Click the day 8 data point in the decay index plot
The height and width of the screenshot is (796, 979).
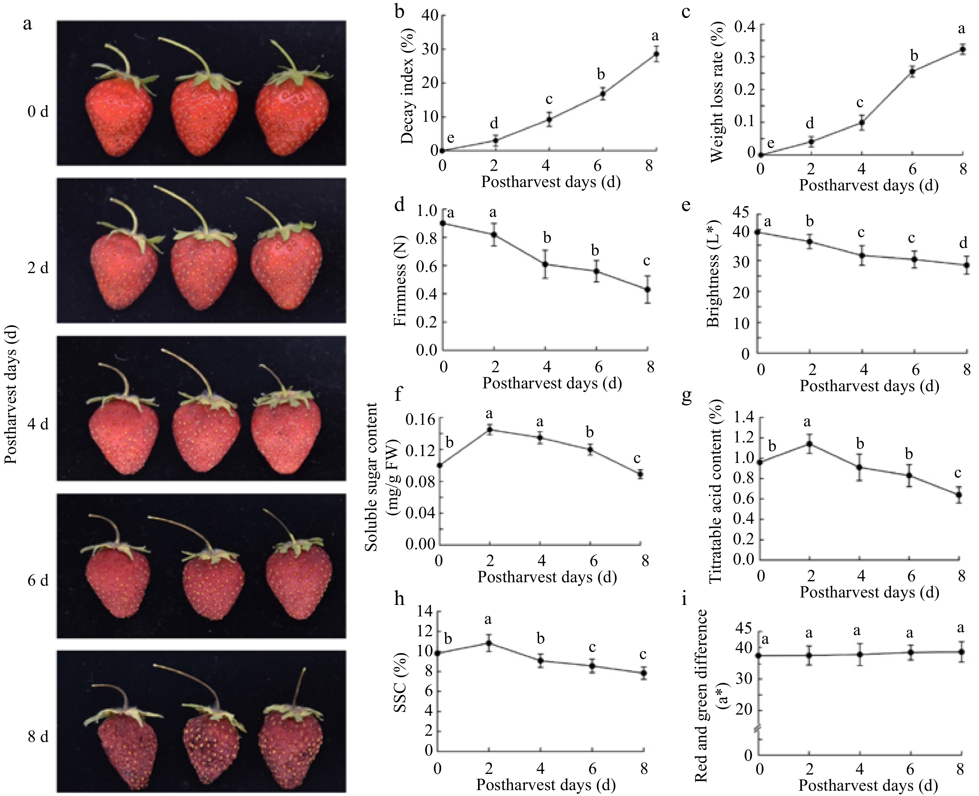656,54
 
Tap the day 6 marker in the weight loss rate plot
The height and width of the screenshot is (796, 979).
912,71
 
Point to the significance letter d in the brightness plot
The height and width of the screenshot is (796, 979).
963,243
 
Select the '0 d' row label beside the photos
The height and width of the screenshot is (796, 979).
38,112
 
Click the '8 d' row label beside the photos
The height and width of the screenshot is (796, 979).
38,737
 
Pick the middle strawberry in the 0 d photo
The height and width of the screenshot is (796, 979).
205,117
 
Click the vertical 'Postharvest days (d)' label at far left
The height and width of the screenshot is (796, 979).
11,394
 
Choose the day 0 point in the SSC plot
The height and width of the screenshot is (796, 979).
438,653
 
